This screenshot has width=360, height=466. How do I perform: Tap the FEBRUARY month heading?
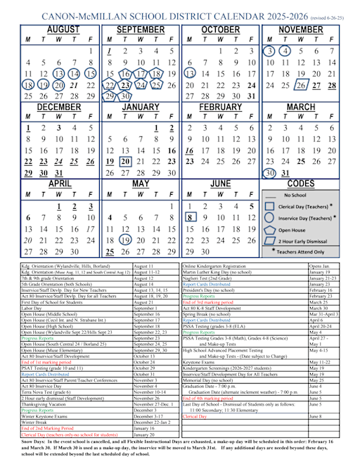coord(219,106)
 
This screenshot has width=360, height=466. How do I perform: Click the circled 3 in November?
coord(269,51)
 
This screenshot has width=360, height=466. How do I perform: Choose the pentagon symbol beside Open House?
coord(269,229)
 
